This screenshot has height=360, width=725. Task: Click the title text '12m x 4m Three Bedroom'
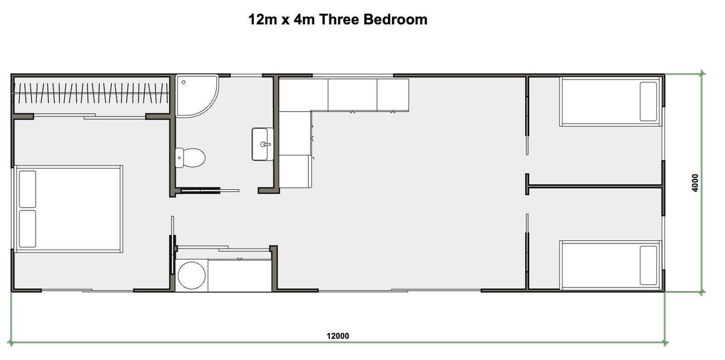tap(338, 19)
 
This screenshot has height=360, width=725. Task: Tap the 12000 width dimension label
tap(338, 336)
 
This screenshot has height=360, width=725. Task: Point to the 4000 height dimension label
tap(695, 183)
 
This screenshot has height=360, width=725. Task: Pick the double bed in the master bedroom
tap(68, 208)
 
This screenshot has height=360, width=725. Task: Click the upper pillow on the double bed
tap(27, 189)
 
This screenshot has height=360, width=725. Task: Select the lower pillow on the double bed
tap(27, 228)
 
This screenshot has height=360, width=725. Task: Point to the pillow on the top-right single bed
tap(648, 101)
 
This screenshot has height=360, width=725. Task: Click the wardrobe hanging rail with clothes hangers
tap(91, 94)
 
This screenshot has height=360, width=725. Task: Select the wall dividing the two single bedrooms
tap(595, 186)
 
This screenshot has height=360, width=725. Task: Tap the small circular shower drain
tap(183, 82)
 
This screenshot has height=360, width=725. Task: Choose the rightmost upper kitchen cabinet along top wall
tap(393, 94)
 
